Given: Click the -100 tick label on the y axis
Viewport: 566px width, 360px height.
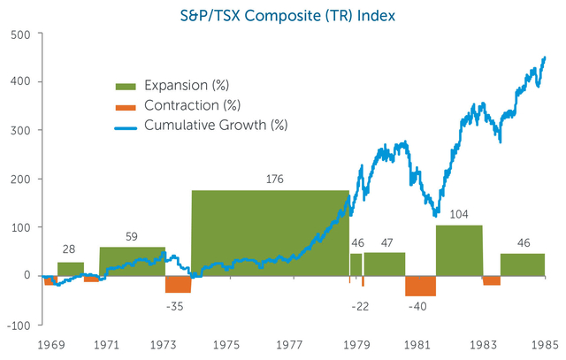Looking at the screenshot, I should pyautogui.click(x=18, y=324).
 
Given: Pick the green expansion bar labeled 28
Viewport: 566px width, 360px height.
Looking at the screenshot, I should pyautogui.click(x=71, y=269).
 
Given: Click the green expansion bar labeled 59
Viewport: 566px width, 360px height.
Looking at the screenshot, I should pyautogui.click(x=132, y=261).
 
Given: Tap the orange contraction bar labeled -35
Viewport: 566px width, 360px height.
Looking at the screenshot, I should pyautogui.click(x=178, y=284).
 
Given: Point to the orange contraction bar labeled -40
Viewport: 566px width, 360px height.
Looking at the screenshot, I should pyautogui.click(x=420, y=286).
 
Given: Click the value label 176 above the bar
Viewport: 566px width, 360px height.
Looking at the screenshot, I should pyautogui.click(x=275, y=180).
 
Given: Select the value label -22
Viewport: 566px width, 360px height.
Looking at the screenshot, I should pyautogui.click(x=360, y=305).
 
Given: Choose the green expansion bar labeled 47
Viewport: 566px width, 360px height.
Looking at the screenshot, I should pyautogui.click(x=385, y=264).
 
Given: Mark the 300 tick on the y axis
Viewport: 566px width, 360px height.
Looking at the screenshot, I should pyautogui.click(x=19, y=131).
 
